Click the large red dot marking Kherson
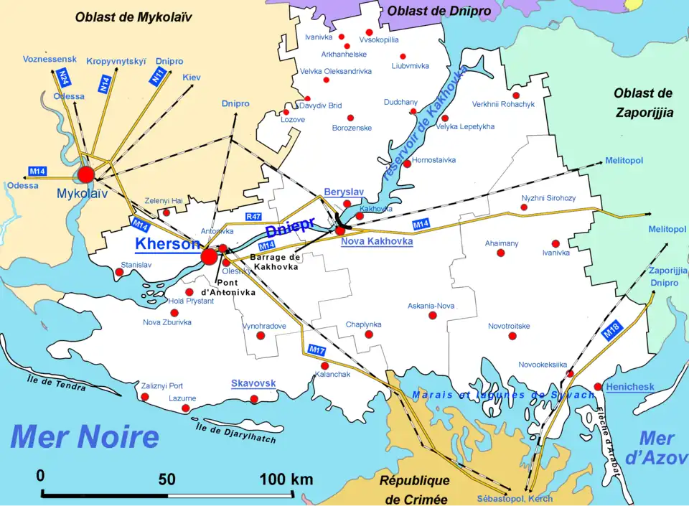(209, 256)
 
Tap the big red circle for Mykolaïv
(86, 174)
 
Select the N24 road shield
(64, 76)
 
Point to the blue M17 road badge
(317, 350)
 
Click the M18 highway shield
(611, 331)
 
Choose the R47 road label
(253, 216)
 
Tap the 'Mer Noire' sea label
(85, 436)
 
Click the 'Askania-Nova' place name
(431, 306)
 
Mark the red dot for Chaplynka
(369, 334)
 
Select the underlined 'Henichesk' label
(629, 387)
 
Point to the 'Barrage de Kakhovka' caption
(275, 261)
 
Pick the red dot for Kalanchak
(324, 366)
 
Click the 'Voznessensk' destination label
(49, 59)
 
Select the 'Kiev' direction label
(192, 77)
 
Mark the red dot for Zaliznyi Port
(145, 397)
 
